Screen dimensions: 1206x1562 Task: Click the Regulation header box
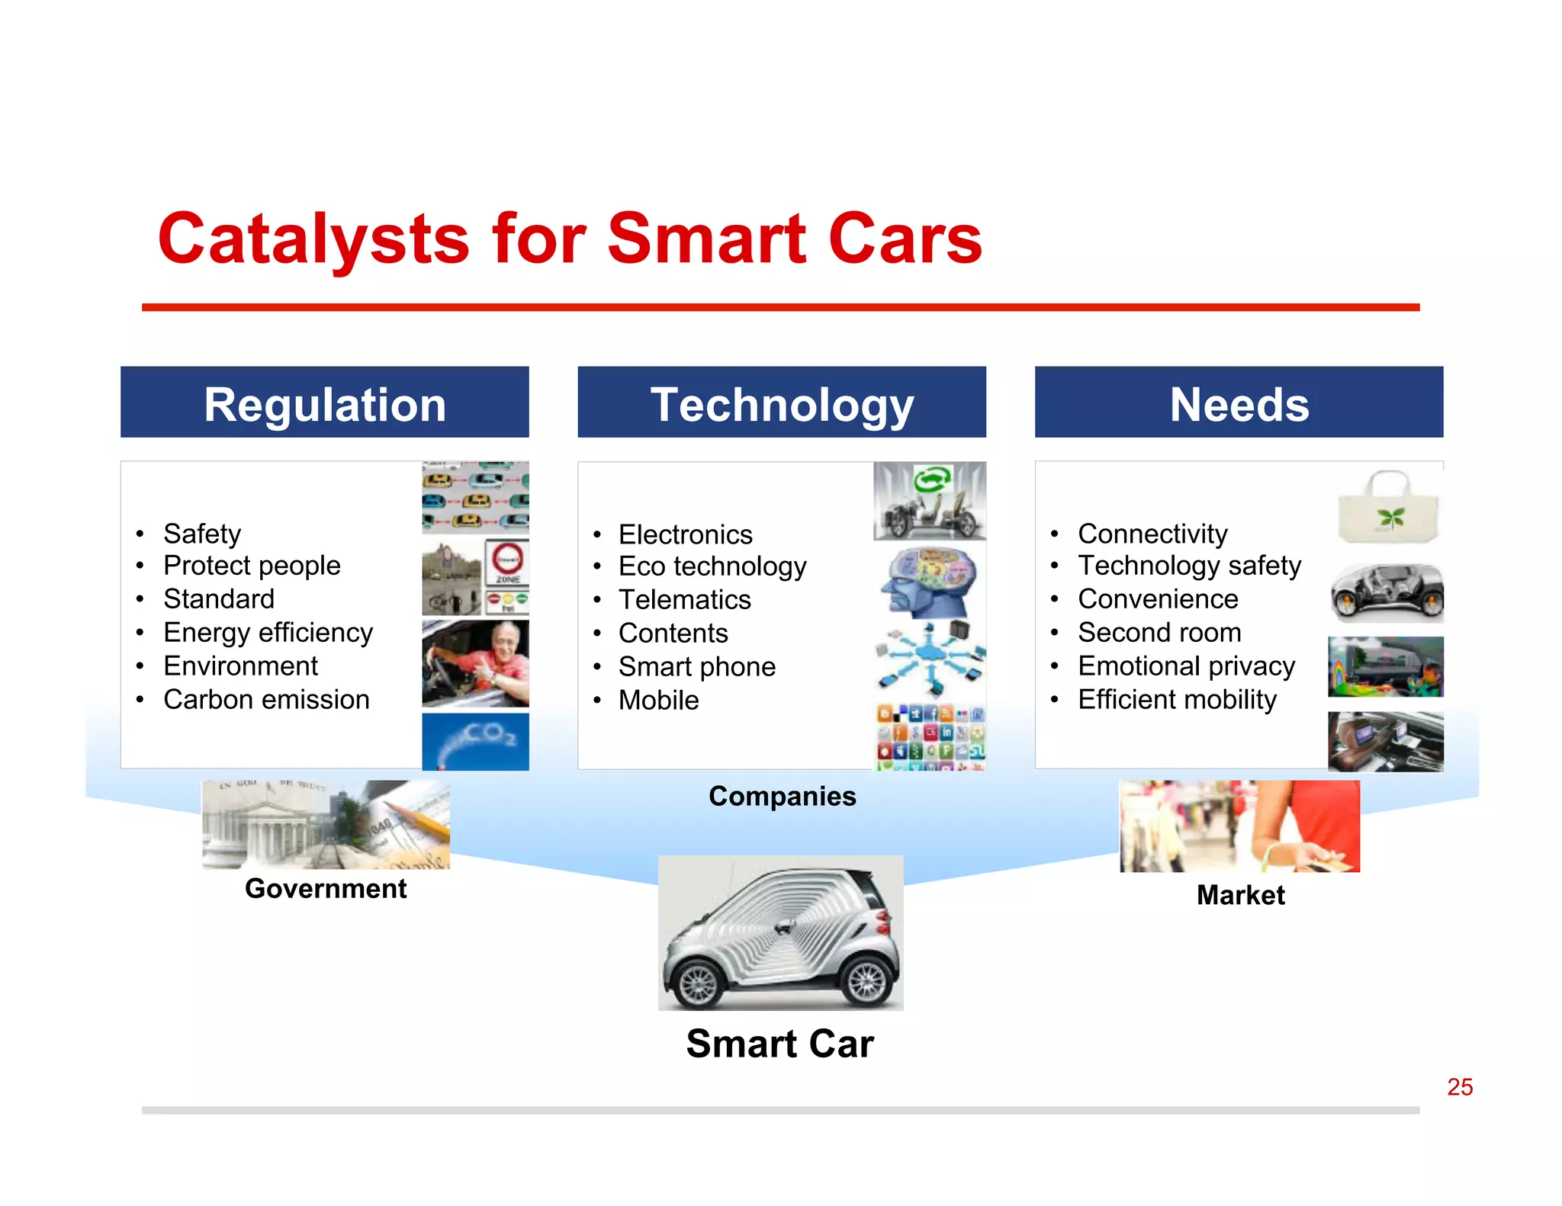pyautogui.click(x=324, y=402)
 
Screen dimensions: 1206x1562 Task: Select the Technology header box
pyautogui.click(x=781, y=402)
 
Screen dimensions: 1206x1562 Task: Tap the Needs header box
pyautogui.click(x=1239, y=402)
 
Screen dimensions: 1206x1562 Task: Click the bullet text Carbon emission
pyautogui.click(x=266, y=699)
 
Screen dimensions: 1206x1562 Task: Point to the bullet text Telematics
pyautogui.click(x=684, y=599)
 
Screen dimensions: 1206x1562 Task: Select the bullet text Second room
pyautogui.click(x=1159, y=632)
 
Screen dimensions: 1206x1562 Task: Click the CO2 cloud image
pyautogui.click(x=475, y=741)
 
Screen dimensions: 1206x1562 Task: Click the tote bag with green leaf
pyautogui.click(x=1388, y=506)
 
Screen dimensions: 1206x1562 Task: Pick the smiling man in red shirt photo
pyautogui.click(x=476, y=662)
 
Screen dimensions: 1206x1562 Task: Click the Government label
pyautogui.click(x=326, y=888)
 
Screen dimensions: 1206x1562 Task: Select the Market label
pyautogui.click(x=1240, y=894)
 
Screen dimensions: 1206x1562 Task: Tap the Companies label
pyautogui.click(x=782, y=796)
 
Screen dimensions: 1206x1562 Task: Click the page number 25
pyautogui.click(x=1459, y=1086)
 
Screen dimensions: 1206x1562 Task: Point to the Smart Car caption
pyautogui.click(x=779, y=1043)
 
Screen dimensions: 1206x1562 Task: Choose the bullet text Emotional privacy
pyautogui.click(x=1186, y=666)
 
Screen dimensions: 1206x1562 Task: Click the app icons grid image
pyautogui.click(x=930, y=736)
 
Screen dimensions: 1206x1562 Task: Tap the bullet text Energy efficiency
pyautogui.click(x=268, y=632)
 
